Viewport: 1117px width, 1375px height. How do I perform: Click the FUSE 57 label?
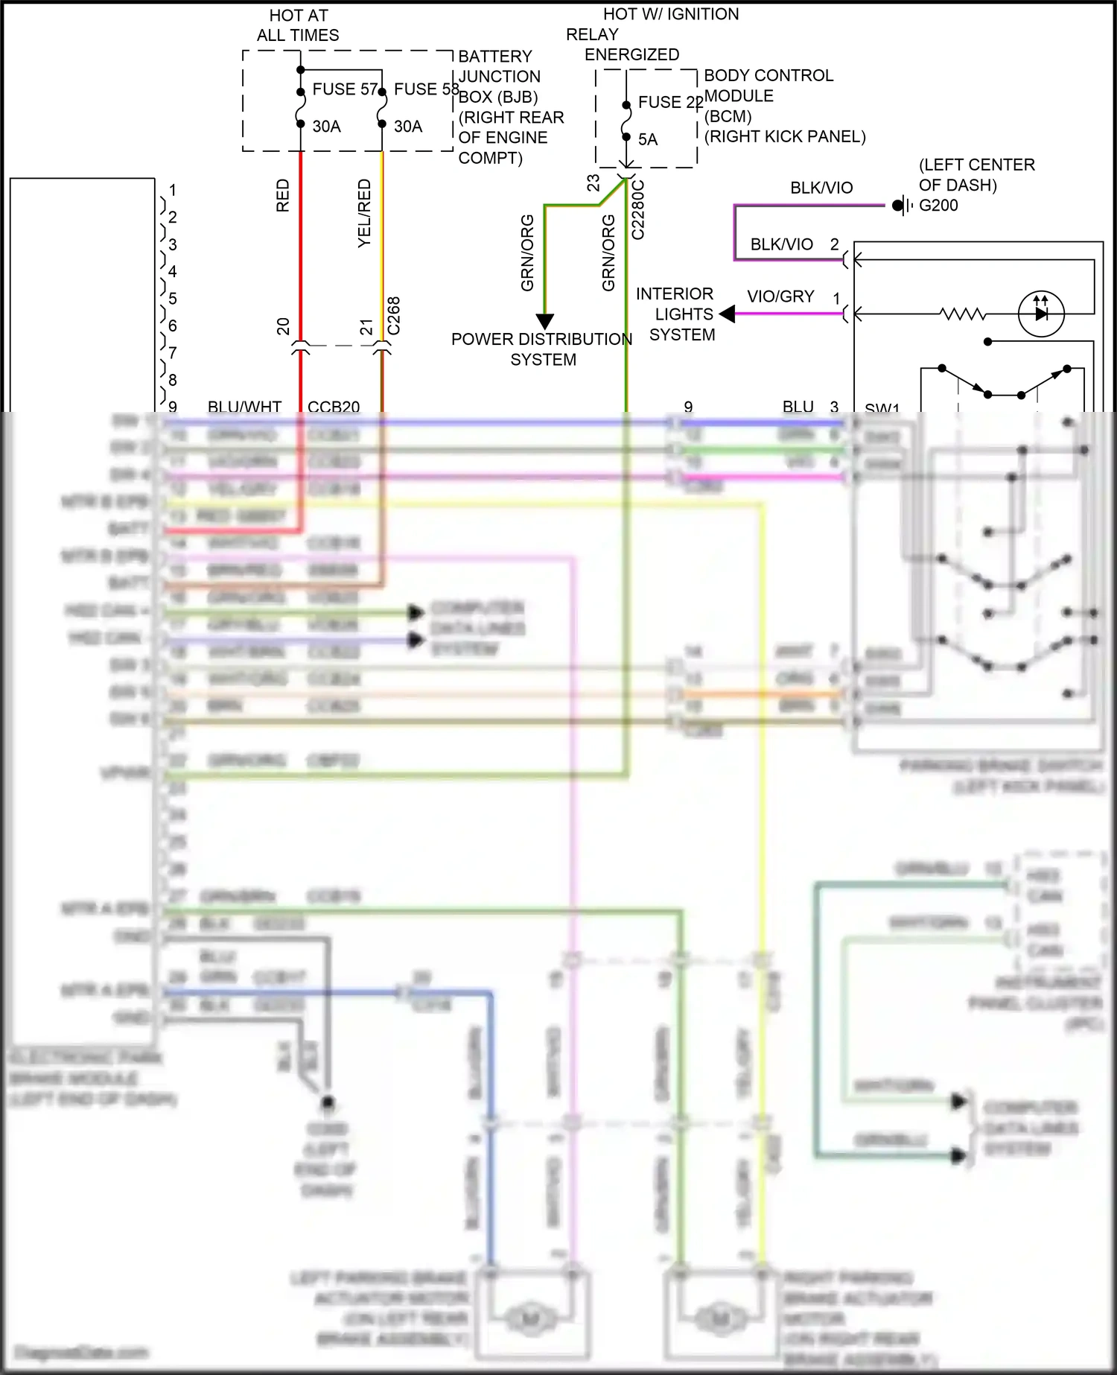pos(345,89)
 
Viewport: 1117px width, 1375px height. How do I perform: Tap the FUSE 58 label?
pos(426,89)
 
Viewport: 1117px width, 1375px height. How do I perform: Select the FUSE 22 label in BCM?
pos(669,103)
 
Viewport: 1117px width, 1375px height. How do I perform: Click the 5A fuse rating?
pos(648,139)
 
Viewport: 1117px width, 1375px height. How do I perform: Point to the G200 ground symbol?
pos(902,206)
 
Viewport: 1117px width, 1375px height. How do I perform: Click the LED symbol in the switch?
pos(1041,314)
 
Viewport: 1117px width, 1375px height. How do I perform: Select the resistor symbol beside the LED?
pos(963,314)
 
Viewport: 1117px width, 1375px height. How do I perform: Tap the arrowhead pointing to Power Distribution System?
pos(545,322)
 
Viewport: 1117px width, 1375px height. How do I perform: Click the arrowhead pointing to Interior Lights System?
pos(728,314)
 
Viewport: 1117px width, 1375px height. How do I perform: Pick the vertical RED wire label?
pos(283,195)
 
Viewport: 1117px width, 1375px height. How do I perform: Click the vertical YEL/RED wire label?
pos(364,213)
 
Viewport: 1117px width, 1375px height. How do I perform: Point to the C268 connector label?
pos(394,316)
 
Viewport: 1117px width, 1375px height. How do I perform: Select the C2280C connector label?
pos(638,210)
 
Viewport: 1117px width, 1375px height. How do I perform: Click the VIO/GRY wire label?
pos(780,296)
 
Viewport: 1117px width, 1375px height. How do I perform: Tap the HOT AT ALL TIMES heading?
pos(298,25)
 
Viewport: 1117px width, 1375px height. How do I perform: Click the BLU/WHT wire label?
pos(244,407)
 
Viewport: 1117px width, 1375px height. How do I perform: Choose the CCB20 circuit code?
pos(333,407)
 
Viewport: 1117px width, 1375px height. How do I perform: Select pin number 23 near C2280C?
pos(593,182)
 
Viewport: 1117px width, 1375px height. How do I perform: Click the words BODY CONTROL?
pos(768,76)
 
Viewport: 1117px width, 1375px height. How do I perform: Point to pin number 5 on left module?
pos(173,299)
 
